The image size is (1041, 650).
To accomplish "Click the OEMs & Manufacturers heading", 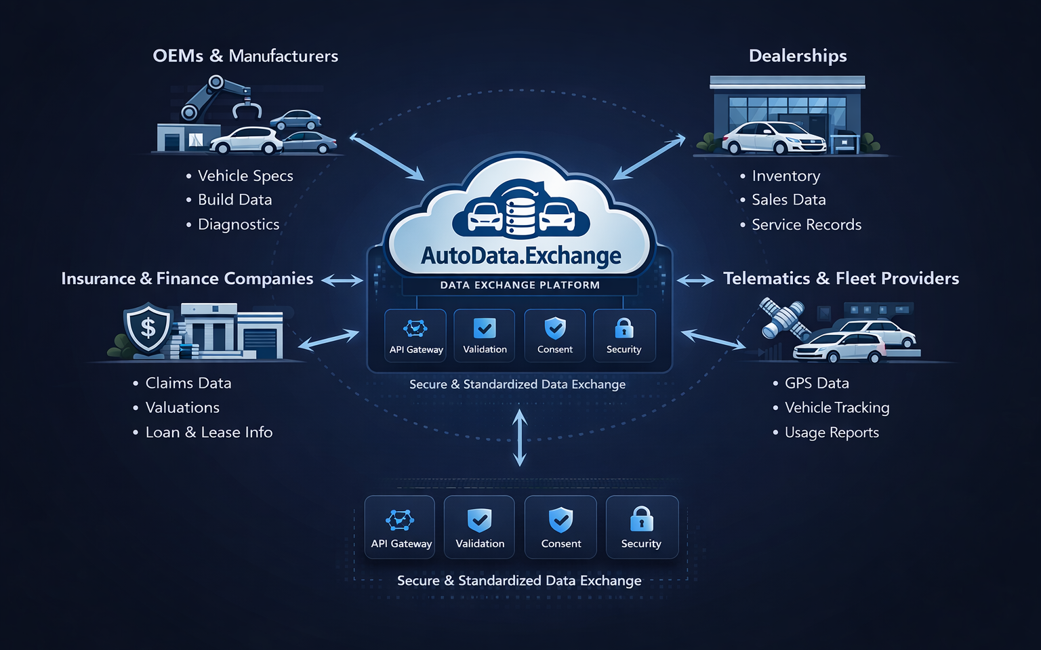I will pos(245,56).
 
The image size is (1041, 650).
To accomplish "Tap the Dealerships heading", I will pos(798,56).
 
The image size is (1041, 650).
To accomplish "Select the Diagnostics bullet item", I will pos(238,224).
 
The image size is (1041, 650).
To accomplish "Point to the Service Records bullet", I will pos(806,224).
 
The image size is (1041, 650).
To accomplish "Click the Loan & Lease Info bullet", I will pos(209,432).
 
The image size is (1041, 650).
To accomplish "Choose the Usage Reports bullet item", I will pos(831,432).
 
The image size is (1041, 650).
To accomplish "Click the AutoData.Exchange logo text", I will pos(520,256).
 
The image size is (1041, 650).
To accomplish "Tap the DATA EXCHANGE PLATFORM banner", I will pos(520,285).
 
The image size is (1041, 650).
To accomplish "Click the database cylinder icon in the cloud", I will pos(520,209).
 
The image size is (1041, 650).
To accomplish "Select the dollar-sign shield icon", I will pos(148,328).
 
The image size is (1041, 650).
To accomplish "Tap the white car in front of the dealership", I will pos(773,139).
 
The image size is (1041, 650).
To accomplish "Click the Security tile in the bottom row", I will pos(641,527).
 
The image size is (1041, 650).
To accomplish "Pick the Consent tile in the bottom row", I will pos(560,527).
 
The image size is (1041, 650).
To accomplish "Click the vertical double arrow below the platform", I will pos(520,439).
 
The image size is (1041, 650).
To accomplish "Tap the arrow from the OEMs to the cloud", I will pos(386,157).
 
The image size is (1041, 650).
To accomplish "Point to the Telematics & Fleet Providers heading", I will pos(840,279).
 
